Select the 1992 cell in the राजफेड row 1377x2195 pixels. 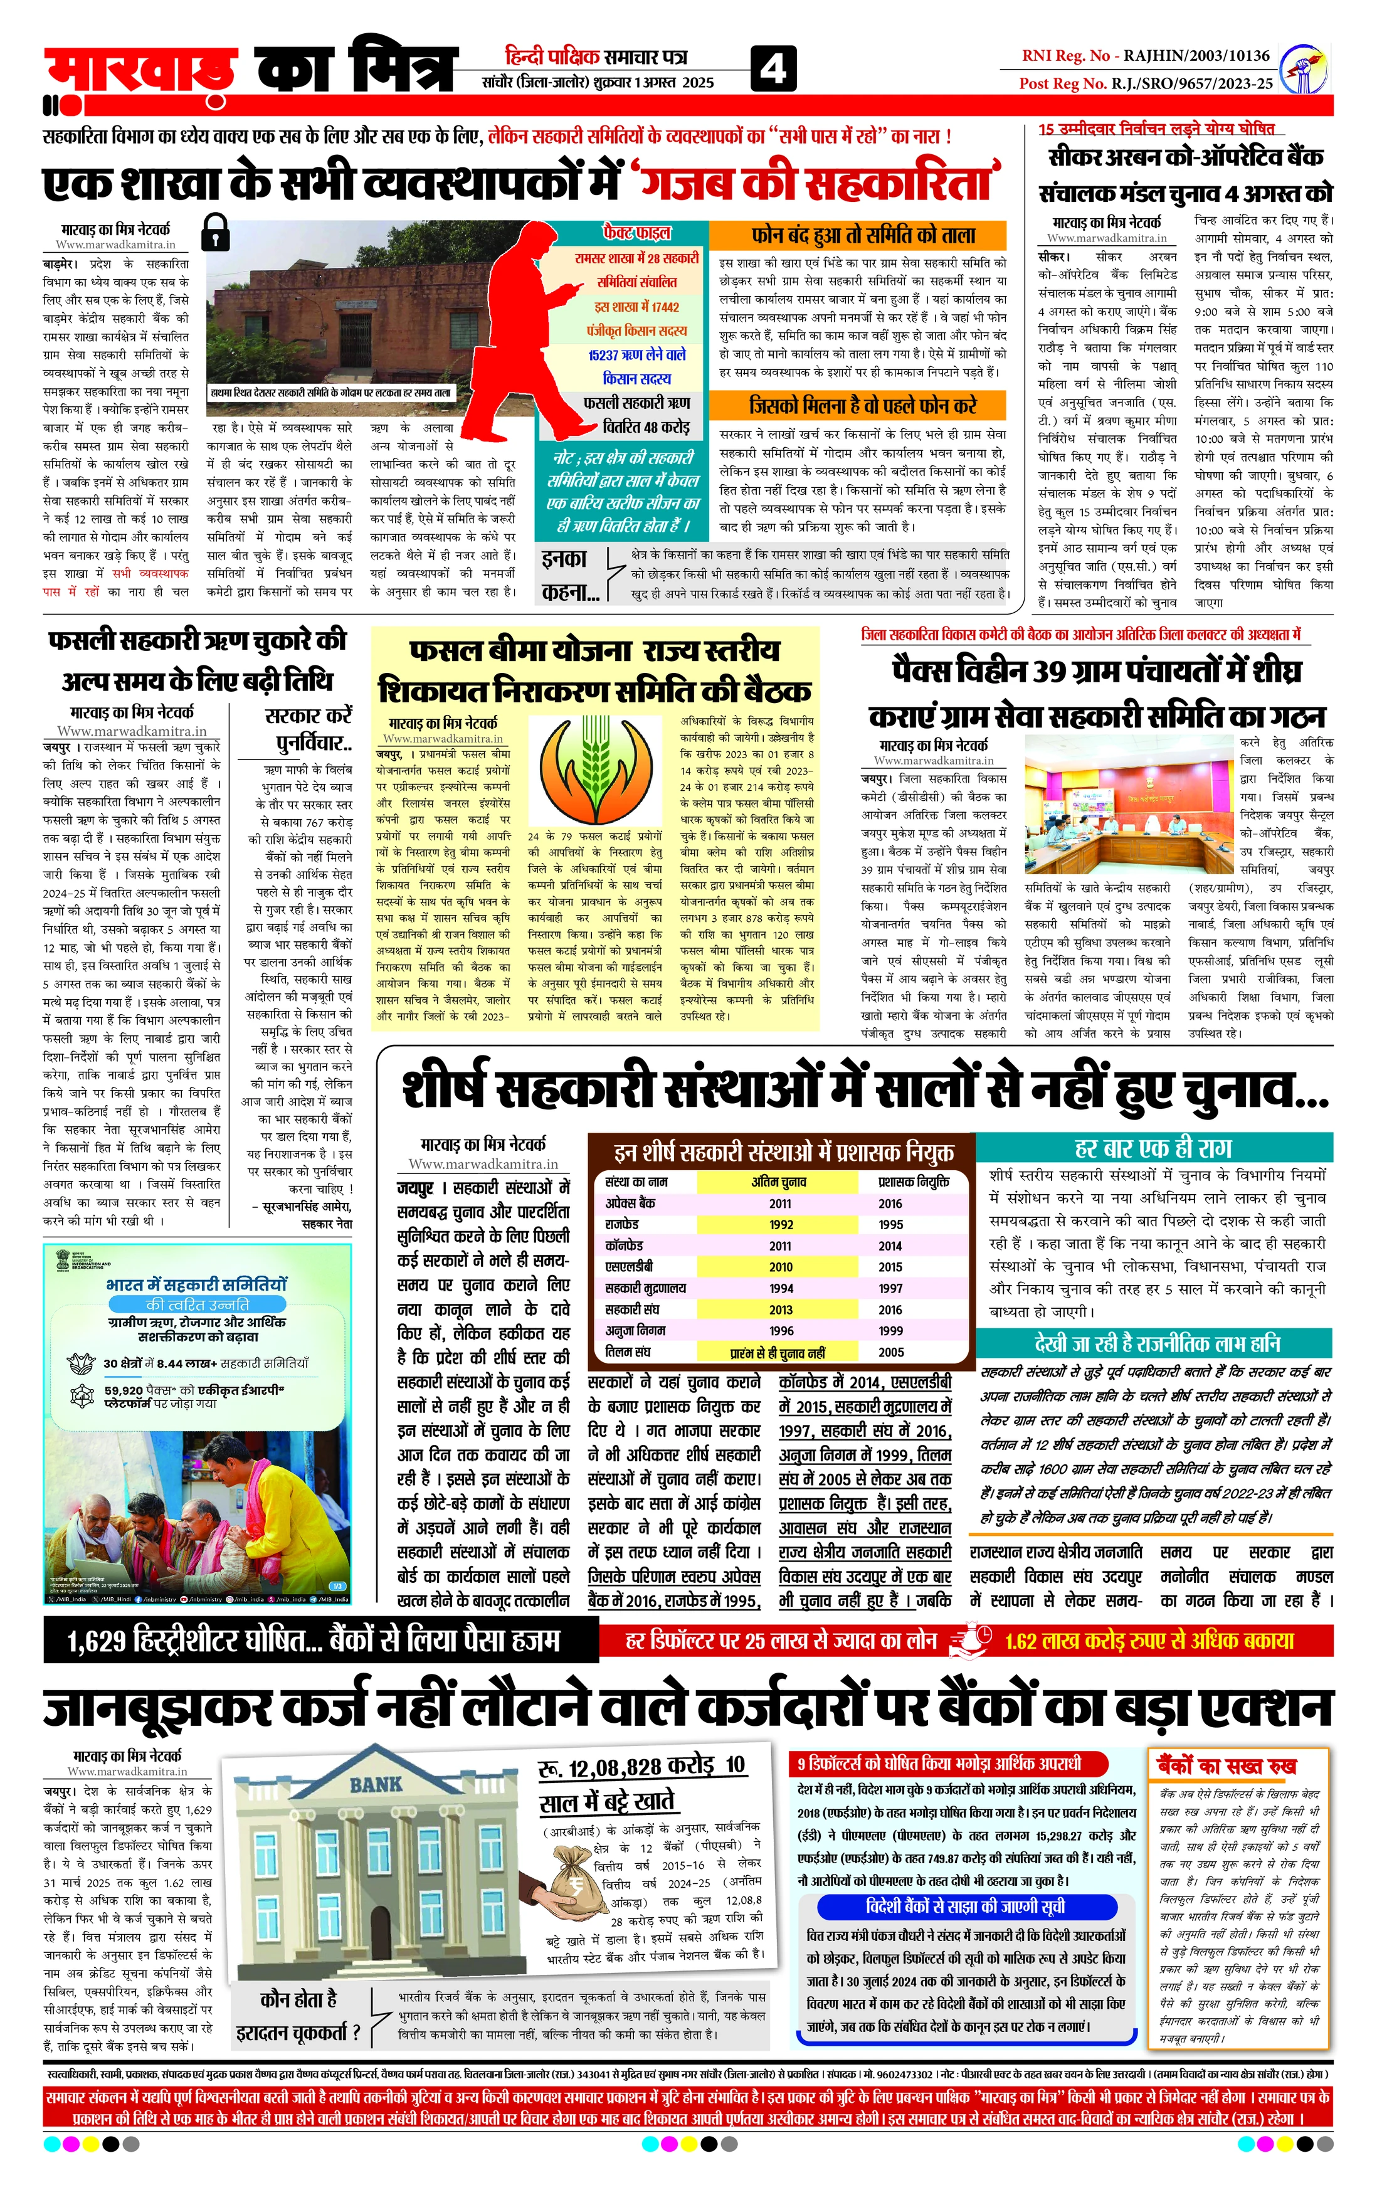[781, 1224]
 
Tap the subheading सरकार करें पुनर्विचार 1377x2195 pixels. [308, 729]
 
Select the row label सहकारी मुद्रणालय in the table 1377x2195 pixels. [646, 1288]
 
